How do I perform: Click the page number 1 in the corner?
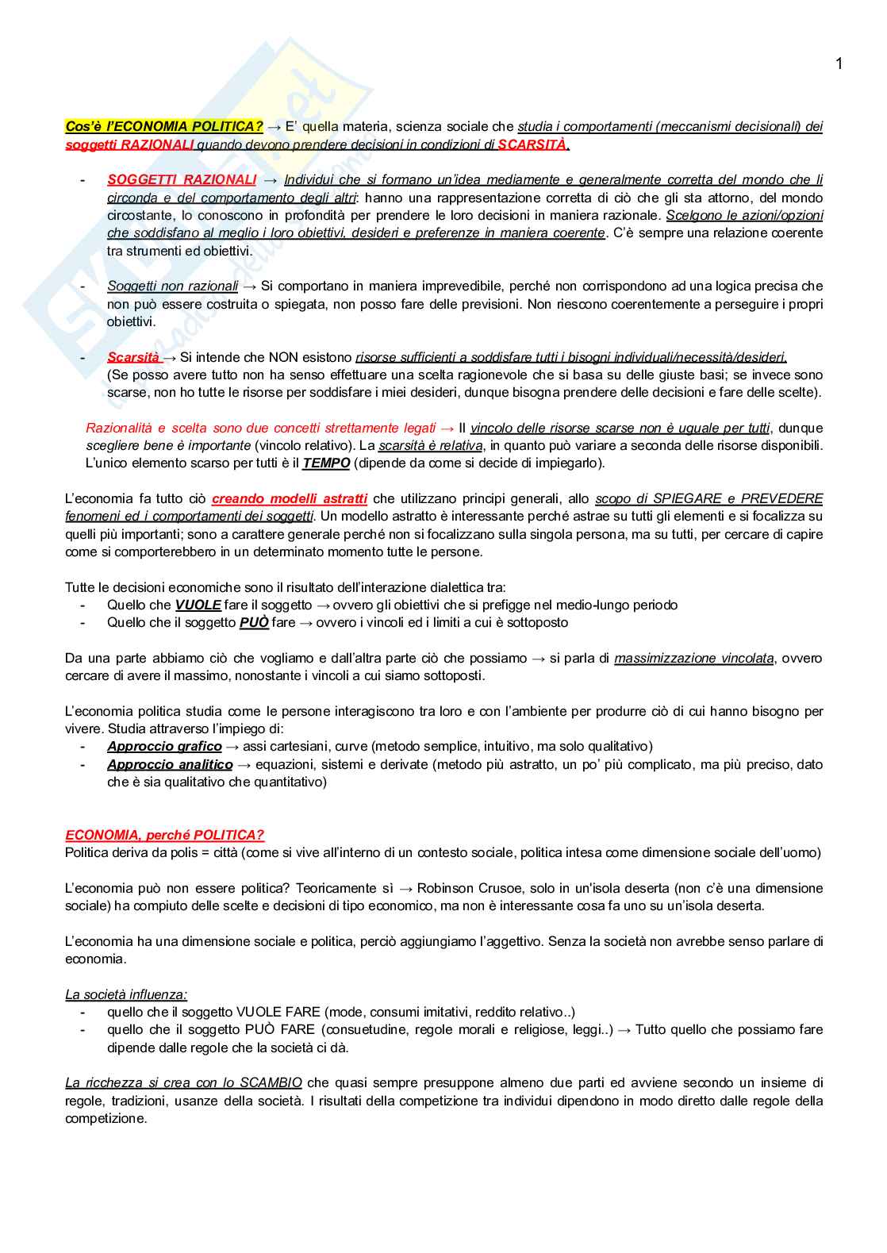(839, 64)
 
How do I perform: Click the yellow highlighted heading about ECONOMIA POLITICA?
(164, 126)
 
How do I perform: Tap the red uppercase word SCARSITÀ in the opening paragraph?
(532, 144)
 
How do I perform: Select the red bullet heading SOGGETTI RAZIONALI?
(182, 180)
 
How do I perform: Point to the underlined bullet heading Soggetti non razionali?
(172, 286)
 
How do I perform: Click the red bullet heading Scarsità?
(133, 357)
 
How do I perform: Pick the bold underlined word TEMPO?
(326, 463)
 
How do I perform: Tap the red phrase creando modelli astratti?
(290, 499)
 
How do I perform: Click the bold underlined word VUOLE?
(198, 605)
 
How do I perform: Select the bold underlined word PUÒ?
(254, 623)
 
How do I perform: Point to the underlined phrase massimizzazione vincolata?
(694, 659)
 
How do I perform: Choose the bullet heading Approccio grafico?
(164, 747)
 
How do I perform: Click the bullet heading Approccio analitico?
(170, 765)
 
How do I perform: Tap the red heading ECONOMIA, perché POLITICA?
(164, 836)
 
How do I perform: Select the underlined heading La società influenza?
(126, 995)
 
